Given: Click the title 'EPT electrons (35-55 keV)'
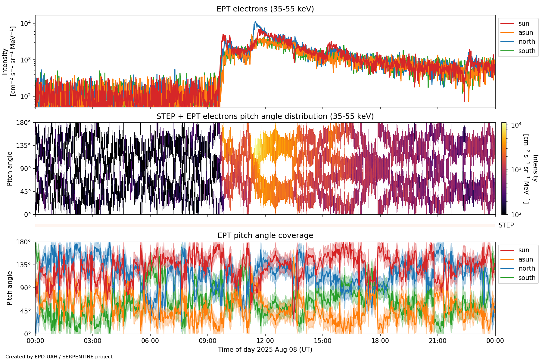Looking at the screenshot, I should (x=265, y=9).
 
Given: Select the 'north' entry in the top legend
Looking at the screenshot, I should (x=527, y=42).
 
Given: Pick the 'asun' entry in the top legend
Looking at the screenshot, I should (x=525, y=33).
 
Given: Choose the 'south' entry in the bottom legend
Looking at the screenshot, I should (x=527, y=278).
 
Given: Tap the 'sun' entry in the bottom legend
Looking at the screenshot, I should (x=524, y=250).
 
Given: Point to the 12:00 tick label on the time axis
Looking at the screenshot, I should (x=265, y=341).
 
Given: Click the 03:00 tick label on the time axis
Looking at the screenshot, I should (x=92, y=341).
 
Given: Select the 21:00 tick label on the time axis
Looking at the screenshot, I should (x=438, y=341).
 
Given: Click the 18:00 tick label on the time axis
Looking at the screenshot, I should (x=380, y=341).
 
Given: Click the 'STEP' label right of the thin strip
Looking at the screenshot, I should (x=506, y=225).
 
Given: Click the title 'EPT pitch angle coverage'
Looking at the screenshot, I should (x=265, y=236).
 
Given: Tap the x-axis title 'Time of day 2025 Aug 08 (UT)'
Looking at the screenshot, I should (x=265, y=350).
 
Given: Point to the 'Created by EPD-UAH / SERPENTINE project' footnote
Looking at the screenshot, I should (x=59, y=357).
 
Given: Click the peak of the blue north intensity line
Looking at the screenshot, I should (x=255, y=22).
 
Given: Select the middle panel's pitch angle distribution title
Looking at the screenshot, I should (x=265, y=116).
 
